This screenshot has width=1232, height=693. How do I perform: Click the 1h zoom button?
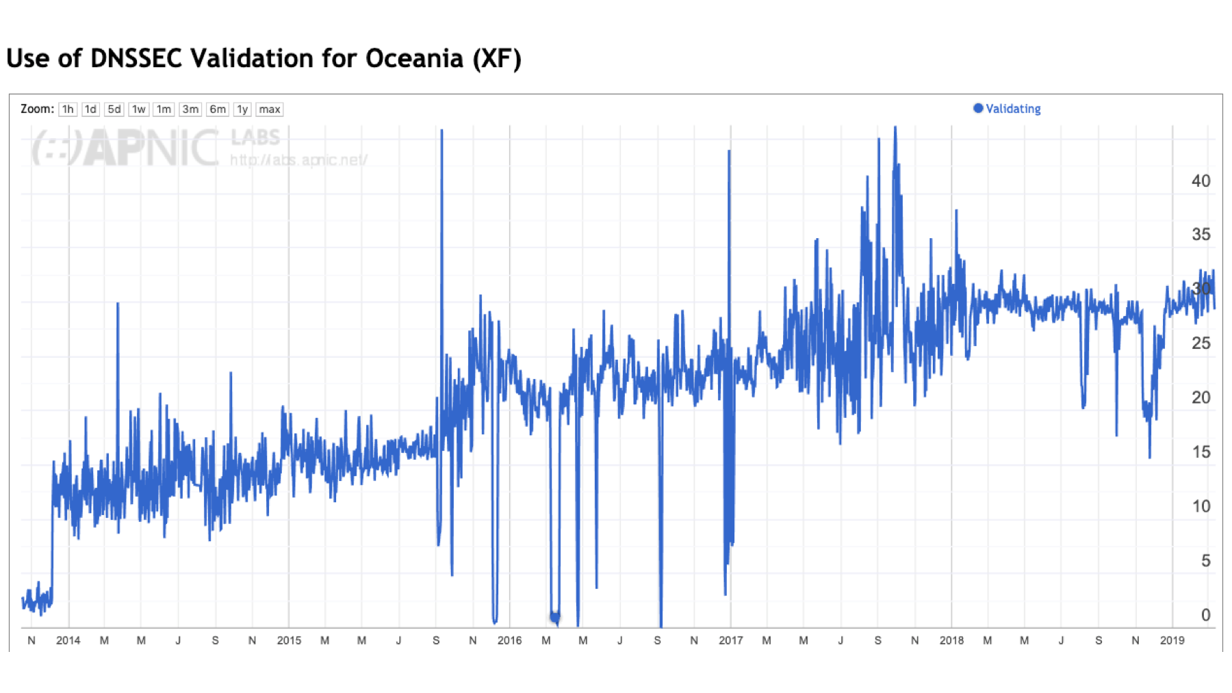(67, 109)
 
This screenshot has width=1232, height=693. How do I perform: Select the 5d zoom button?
(114, 109)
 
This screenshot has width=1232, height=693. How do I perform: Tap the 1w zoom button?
(138, 109)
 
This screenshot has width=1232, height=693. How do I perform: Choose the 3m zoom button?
(190, 109)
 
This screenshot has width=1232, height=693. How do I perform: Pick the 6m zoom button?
(218, 109)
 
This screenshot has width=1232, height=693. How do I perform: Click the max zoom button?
(269, 109)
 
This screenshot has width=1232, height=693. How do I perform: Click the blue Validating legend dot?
(978, 108)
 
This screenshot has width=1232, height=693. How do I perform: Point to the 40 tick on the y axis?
(1201, 181)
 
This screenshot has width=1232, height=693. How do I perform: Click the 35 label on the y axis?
(1201, 235)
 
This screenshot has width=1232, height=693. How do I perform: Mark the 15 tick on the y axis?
(1201, 452)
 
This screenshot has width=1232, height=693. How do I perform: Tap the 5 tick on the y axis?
(1205, 561)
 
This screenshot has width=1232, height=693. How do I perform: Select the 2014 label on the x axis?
(68, 641)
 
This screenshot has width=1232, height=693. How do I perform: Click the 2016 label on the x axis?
(509, 641)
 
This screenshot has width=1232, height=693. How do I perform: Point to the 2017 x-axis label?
(730, 641)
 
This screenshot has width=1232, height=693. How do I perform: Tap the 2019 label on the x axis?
(1172, 641)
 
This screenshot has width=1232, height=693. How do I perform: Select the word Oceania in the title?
(414, 59)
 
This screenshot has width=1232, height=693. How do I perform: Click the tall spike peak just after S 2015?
(441, 131)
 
